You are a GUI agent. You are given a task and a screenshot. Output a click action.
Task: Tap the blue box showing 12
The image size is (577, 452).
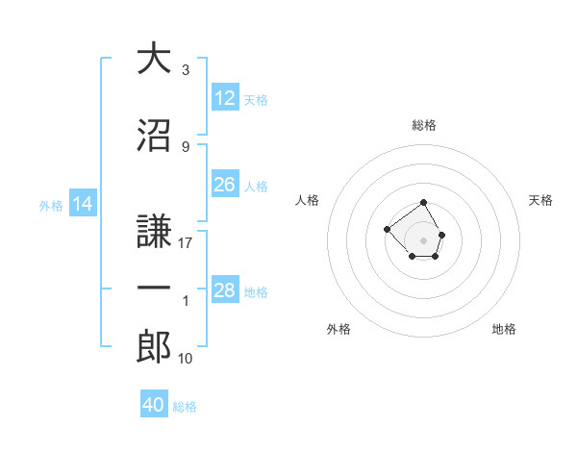[225, 98]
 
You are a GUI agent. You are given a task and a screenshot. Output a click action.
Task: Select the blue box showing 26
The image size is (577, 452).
[225, 185]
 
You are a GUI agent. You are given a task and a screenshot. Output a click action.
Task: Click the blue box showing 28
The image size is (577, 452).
[225, 290]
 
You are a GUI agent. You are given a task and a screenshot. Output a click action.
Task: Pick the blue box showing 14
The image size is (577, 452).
[83, 204]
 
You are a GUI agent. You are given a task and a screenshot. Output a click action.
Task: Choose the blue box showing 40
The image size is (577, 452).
[154, 405]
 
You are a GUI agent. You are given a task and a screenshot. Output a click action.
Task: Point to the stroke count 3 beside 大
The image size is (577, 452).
[185, 70]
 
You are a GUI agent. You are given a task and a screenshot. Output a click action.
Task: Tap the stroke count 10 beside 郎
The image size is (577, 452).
[186, 359]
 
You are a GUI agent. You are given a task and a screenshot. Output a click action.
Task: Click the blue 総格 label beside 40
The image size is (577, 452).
[185, 407]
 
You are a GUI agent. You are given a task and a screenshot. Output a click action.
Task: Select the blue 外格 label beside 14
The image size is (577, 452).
[51, 205]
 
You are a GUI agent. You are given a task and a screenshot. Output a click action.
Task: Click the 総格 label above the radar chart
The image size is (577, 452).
[423, 125]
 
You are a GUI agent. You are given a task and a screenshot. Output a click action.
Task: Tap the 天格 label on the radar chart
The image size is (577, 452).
[540, 200]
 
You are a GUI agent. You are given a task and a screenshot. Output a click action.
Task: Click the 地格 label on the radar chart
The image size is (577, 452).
[504, 329]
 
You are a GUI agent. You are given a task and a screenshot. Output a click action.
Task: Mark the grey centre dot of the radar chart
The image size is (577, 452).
[423, 239]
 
